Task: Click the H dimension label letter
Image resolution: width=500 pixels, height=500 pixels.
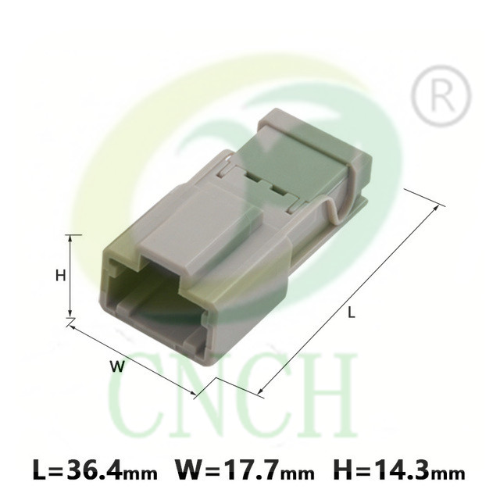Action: point(61,275)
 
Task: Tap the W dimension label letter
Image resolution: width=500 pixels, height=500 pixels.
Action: point(117,366)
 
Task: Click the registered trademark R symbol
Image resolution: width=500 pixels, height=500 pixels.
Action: point(441,95)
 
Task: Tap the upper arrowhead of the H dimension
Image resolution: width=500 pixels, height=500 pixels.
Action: point(71,239)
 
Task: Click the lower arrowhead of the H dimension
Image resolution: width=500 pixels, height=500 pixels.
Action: point(71,313)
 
